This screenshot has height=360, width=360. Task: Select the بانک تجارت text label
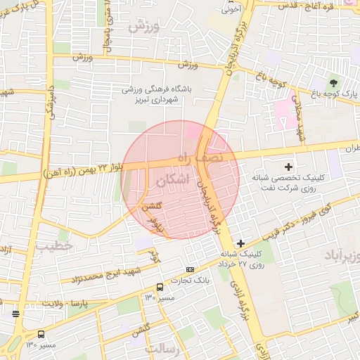coord(195,281)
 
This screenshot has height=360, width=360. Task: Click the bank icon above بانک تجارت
coord(191,269)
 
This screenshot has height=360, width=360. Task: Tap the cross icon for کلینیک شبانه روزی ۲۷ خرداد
coord(241,243)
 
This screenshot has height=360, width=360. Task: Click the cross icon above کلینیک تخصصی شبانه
coord(288,167)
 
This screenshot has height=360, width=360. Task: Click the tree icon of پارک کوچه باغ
coord(333,83)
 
